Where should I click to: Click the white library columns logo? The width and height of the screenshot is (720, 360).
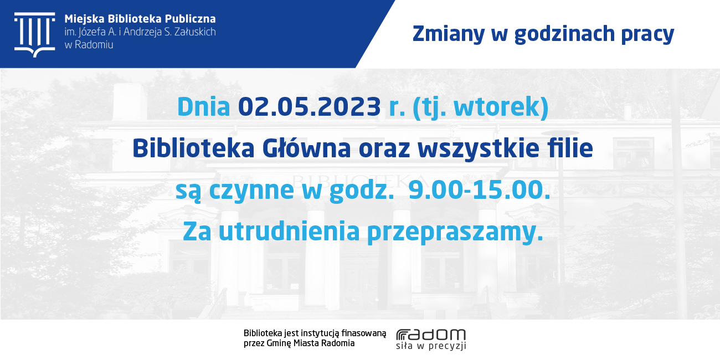pyautogui.click(x=34, y=35)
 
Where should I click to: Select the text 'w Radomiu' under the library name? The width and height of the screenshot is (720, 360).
pyautogui.click(x=89, y=45)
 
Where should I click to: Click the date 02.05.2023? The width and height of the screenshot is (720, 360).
pyautogui.click(x=309, y=107)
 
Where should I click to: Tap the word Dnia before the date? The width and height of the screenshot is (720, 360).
pyautogui.click(x=203, y=107)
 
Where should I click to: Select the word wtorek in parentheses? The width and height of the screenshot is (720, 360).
pyautogui.click(x=497, y=107)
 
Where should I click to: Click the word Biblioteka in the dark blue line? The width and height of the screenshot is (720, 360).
pyautogui.click(x=193, y=148)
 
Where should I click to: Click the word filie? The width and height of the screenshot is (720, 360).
pyautogui.click(x=570, y=148)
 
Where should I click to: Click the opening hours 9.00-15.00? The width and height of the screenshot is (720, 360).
pyautogui.click(x=480, y=189)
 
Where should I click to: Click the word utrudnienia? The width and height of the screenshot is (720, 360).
pyautogui.click(x=289, y=231)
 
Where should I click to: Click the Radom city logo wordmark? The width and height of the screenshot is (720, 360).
pyautogui.click(x=431, y=335)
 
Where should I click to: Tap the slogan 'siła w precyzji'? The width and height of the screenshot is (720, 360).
pyautogui.click(x=431, y=346)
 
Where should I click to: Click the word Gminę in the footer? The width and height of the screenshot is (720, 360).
pyautogui.click(x=279, y=343)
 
